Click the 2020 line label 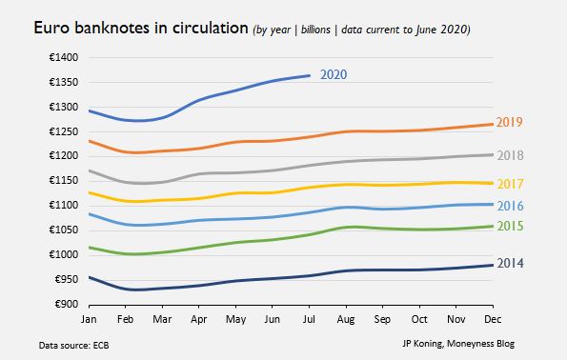click(x=334, y=74)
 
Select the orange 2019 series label click(x=509, y=122)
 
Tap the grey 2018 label click(x=510, y=155)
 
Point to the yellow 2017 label click(x=510, y=184)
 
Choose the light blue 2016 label click(x=510, y=206)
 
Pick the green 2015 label click(x=510, y=226)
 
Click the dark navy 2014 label click(x=510, y=263)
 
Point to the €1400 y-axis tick click(x=64, y=57)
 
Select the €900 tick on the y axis click(x=67, y=304)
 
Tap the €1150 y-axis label click(x=64, y=180)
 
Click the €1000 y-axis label click(x=64, y=254)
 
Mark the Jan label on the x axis click(x=89, y=319)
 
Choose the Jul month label click(x=309, y=319)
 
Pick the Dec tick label click(x=493, y=319)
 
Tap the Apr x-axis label click(x=198, y=319)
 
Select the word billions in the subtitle click(x=315, y=30)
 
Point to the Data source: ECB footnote click(x=73, y=346)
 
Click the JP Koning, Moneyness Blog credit click(x=458, y=344)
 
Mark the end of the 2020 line click(x=310, y=75)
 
